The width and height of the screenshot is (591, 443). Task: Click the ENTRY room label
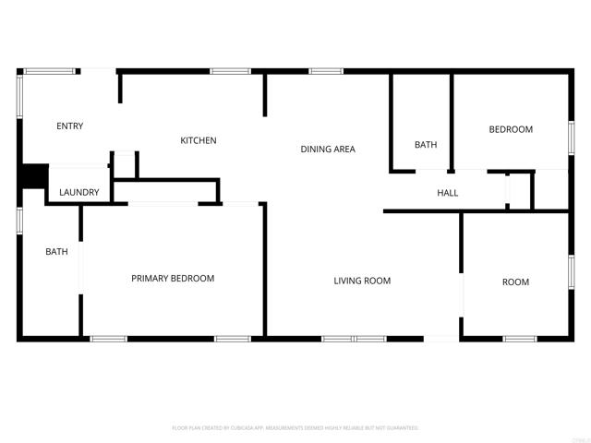[x=69, y=126]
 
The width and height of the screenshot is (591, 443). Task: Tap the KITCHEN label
[x=198, y=140]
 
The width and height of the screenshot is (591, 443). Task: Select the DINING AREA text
[x=327, y=150]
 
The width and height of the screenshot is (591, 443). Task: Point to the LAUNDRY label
[x=78, y=193]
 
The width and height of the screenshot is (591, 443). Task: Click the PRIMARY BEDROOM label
[x=173, y=279]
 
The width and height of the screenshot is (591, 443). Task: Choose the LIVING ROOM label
[x=362, y=281]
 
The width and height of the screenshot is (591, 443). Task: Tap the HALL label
[x=447, y=193]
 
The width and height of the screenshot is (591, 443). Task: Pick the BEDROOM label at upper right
[x=511, y=129]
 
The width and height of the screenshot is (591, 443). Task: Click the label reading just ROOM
[x=515, y=282]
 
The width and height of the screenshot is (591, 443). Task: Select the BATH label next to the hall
[x=426, y=145]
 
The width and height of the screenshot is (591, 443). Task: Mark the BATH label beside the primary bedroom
[x=57, y=251]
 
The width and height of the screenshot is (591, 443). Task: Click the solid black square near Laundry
[x=34, y=175]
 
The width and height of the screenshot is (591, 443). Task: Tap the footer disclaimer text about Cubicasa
[x=295, y=428]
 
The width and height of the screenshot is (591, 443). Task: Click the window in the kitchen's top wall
[x=230, y=71]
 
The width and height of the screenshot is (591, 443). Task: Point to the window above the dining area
[x=326, y=71]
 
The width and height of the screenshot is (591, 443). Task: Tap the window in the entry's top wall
[x=50, y=71]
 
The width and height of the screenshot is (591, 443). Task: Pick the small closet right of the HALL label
[x=520, y=190]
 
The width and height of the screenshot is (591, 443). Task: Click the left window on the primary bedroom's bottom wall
[x=108, y=339]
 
